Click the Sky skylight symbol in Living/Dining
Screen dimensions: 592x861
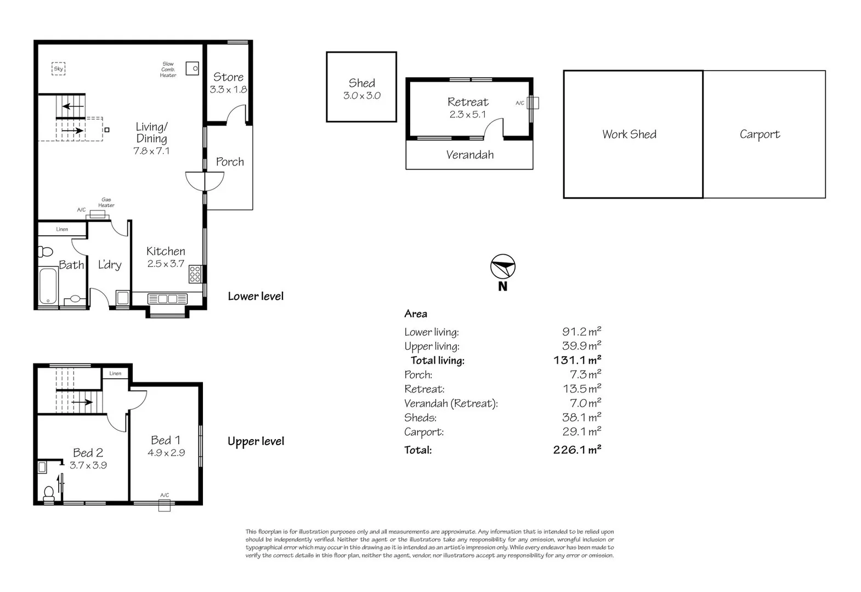59,69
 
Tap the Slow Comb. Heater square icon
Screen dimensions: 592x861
192,69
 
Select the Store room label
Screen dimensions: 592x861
228,77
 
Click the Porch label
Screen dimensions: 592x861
230,162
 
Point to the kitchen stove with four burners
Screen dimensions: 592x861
195,274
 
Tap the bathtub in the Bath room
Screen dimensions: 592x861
48,286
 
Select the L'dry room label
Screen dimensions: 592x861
109,265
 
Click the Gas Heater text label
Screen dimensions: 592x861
106,202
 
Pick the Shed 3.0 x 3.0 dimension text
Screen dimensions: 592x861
362,95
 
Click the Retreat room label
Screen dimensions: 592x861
468,102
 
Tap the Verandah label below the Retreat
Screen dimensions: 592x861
469,155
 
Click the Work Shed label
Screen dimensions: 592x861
629,134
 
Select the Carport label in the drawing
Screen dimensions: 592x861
760,134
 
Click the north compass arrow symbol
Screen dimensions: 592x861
502,267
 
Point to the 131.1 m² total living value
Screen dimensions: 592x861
577,360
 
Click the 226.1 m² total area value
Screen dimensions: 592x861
577,450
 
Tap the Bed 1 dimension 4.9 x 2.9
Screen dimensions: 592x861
166,453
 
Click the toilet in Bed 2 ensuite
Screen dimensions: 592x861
48,494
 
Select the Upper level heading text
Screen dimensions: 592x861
256,441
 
